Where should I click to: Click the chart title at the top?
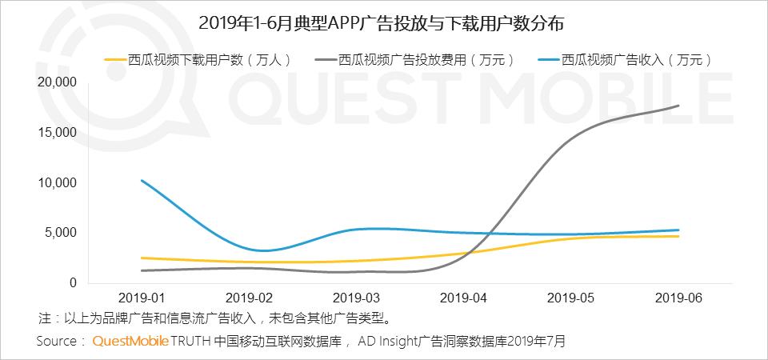[381, 23]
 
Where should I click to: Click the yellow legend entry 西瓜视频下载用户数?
[198, 60]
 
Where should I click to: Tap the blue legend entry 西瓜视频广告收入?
[625, 60]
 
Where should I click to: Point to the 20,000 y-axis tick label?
[58, 82]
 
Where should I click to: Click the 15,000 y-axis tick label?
[58, 133]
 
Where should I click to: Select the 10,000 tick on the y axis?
[58, 182]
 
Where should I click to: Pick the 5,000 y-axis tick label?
[61, 233]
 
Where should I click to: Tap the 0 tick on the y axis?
[74, 282]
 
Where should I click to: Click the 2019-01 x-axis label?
[142, 298]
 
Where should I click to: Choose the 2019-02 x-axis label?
[249, 298]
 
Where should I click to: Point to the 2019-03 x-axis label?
[356, 298]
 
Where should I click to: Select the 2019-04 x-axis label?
[464, 298]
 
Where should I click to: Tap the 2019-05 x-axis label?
[571, 298]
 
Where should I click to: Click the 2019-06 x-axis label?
[678, 298]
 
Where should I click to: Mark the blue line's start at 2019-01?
[142, 180]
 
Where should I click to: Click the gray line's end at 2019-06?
[678, 106]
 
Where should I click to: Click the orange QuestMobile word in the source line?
[130, 341]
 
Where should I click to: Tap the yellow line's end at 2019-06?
[678, 236]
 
